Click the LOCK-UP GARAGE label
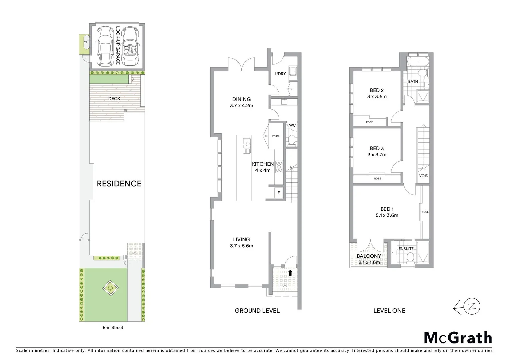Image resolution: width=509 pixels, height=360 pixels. (118, 45)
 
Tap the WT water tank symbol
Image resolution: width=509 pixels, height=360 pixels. (86, 42)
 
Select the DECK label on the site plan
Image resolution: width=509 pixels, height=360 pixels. (114, 99)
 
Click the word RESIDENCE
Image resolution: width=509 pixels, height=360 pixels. (119, 184)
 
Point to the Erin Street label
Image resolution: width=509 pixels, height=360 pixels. (113, 327)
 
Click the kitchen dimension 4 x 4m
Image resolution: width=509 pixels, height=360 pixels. (263, 170)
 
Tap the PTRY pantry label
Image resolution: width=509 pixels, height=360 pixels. (276, 136)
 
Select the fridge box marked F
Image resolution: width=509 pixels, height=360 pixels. (279, 193)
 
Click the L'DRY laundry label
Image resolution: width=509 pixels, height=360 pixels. (280, 74)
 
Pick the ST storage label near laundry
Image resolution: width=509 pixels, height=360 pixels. (293, 89)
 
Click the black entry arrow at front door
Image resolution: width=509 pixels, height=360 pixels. (290, 273)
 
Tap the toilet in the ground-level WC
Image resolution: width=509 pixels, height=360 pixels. (292, 140)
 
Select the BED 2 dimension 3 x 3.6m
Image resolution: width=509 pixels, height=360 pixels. (377, 97)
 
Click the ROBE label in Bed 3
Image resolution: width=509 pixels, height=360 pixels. (377, 179)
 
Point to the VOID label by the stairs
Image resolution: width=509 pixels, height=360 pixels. (424, 176)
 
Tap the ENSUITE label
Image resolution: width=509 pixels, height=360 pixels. (406, 249)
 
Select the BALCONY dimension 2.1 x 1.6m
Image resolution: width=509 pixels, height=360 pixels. (369, 262)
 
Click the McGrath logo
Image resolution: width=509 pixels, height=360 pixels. (458, 338)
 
